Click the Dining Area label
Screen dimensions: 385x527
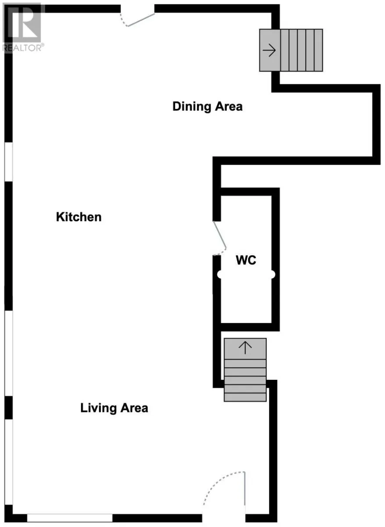click(207, 107)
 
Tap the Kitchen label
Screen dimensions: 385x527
click(78, 217)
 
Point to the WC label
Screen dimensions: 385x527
click(246, 260)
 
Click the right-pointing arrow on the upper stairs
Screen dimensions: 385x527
click(269, 50)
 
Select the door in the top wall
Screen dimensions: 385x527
click(137, 19)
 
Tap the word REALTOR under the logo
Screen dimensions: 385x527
click(22, 48)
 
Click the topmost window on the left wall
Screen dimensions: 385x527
click(9, 162)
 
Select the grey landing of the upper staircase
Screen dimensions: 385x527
click(270, 50)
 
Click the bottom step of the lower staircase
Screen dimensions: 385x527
click(245, 397)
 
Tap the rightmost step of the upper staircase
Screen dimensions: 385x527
click(318, 50)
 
